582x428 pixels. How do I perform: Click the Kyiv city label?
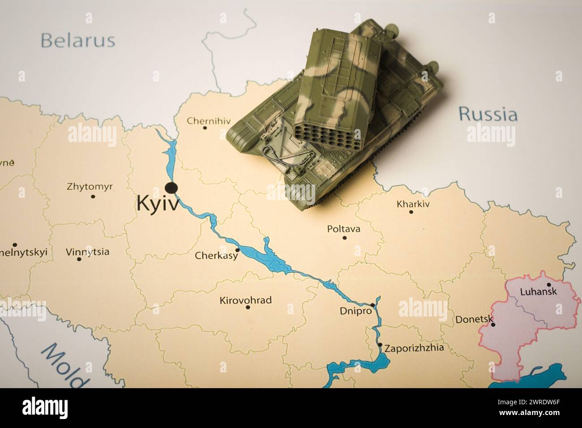157,204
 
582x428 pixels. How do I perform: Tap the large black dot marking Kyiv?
171,187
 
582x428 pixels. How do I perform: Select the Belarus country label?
77,40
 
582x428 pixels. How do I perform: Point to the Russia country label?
488,114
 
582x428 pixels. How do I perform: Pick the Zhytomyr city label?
90,186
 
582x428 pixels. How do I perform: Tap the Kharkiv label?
413,204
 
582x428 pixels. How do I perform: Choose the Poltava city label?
343,229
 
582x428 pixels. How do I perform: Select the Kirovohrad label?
245,300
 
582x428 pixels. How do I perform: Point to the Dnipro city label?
356,311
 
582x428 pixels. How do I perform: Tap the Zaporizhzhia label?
414,347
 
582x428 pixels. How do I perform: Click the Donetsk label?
474,320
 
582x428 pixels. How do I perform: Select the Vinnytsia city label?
87,252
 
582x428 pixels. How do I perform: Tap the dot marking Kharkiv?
411,211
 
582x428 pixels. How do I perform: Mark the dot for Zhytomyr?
93,196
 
